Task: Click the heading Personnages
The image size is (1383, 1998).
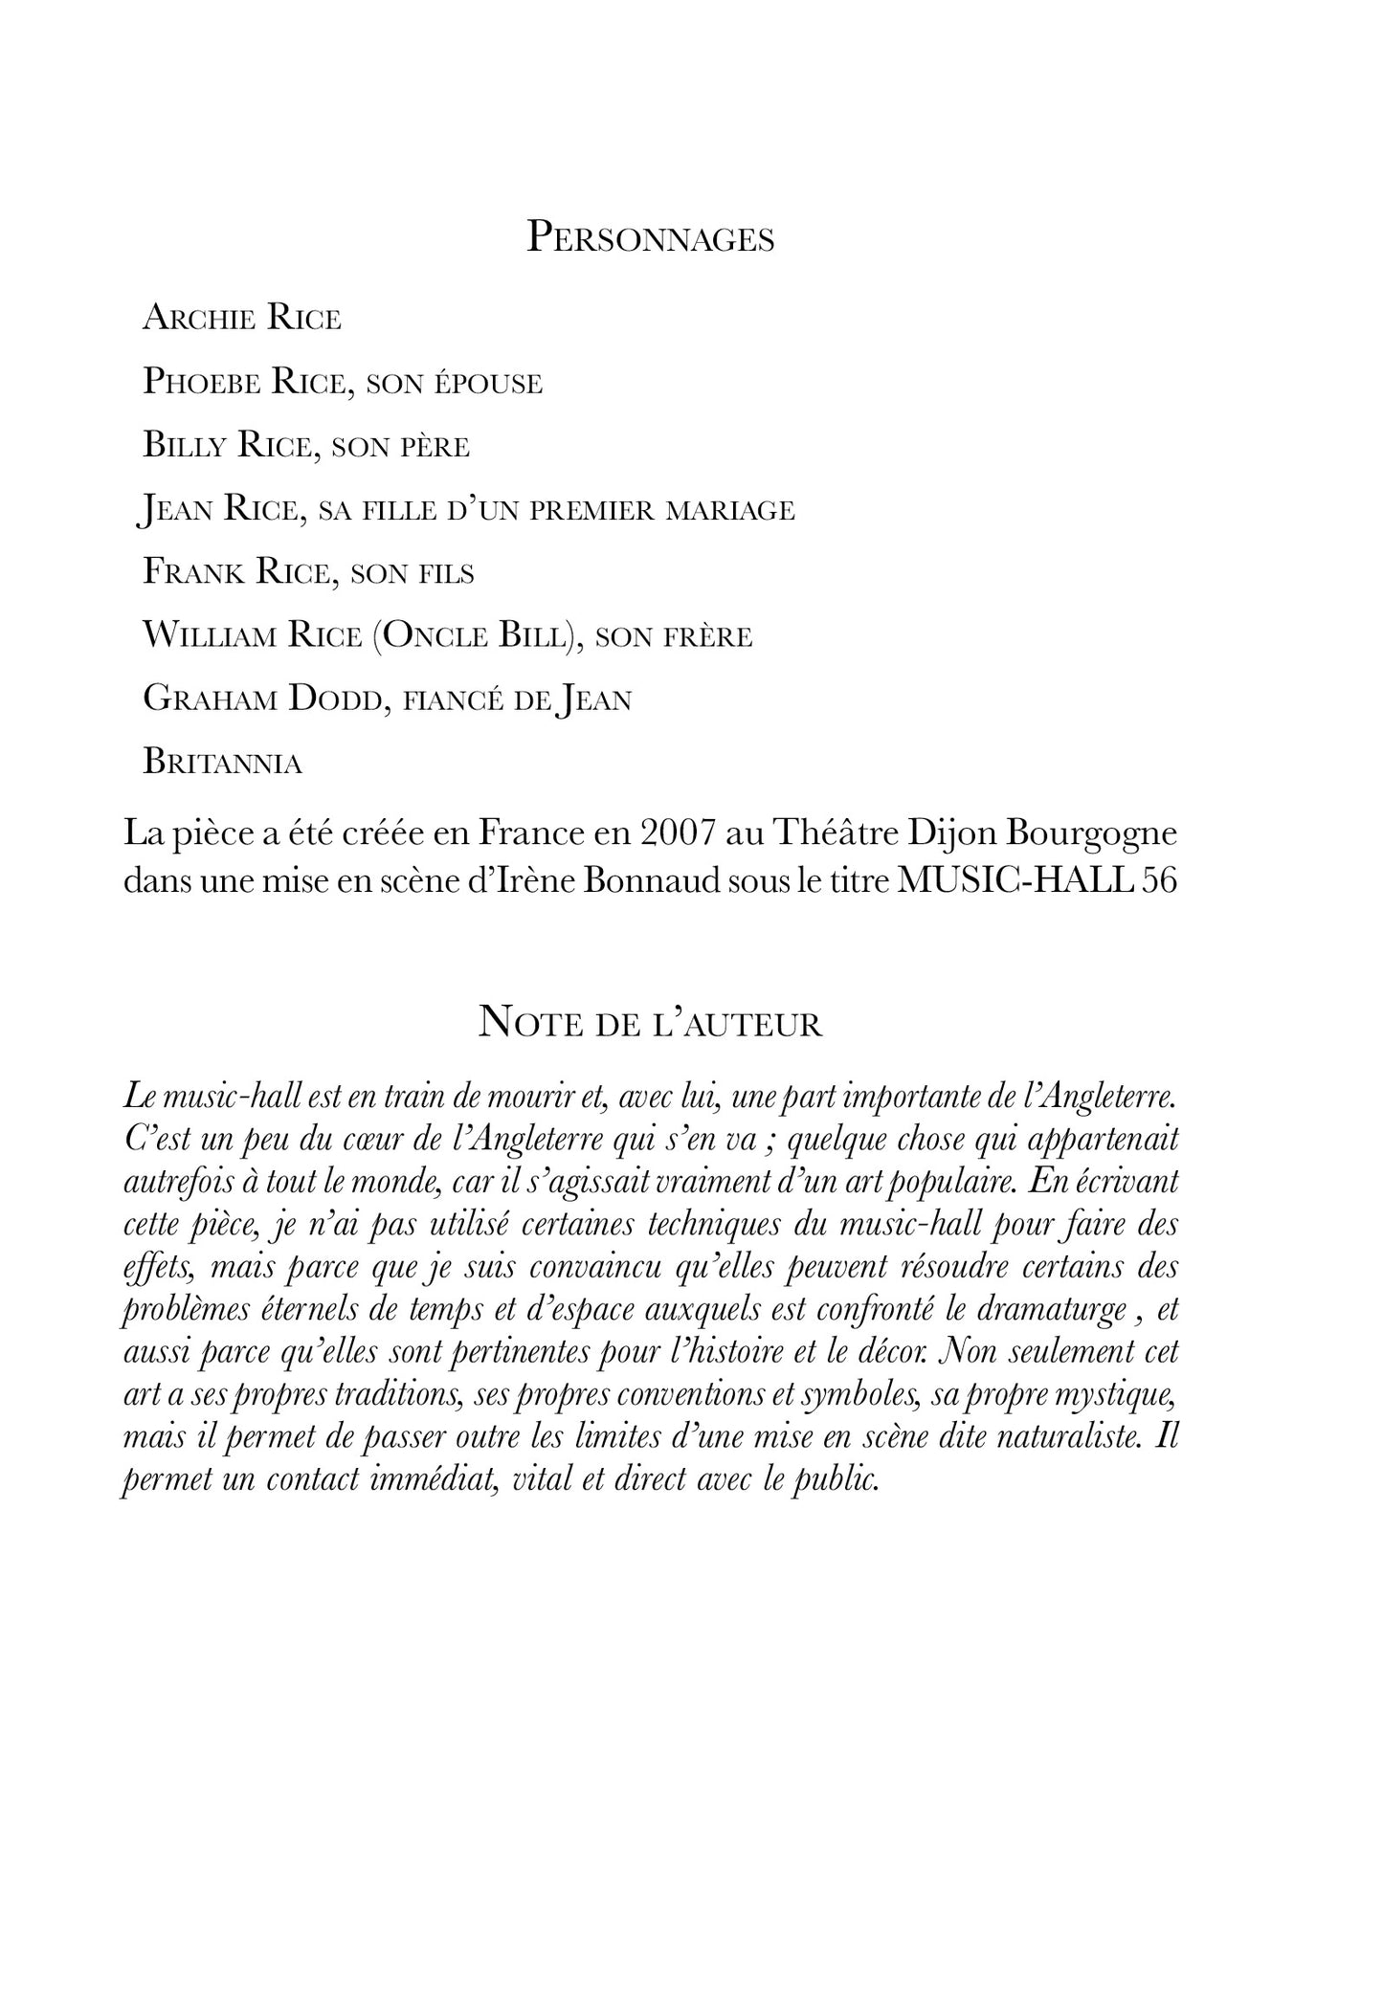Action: click(x=651, y=238)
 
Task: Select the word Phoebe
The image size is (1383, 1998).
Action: click(x=201, y=382)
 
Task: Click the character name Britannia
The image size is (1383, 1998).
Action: click(x=222, y=763)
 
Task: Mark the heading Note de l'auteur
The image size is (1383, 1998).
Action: click(x=650, y=1024)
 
